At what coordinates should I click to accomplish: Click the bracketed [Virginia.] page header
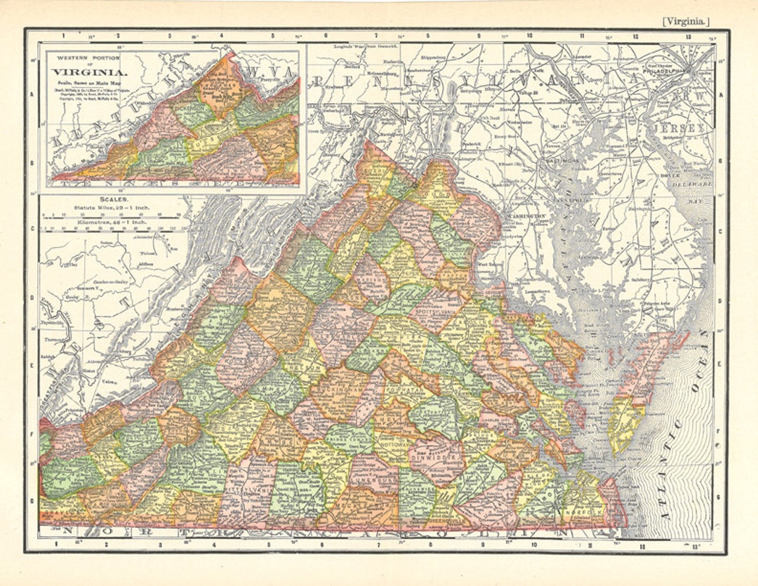click(685, 22)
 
